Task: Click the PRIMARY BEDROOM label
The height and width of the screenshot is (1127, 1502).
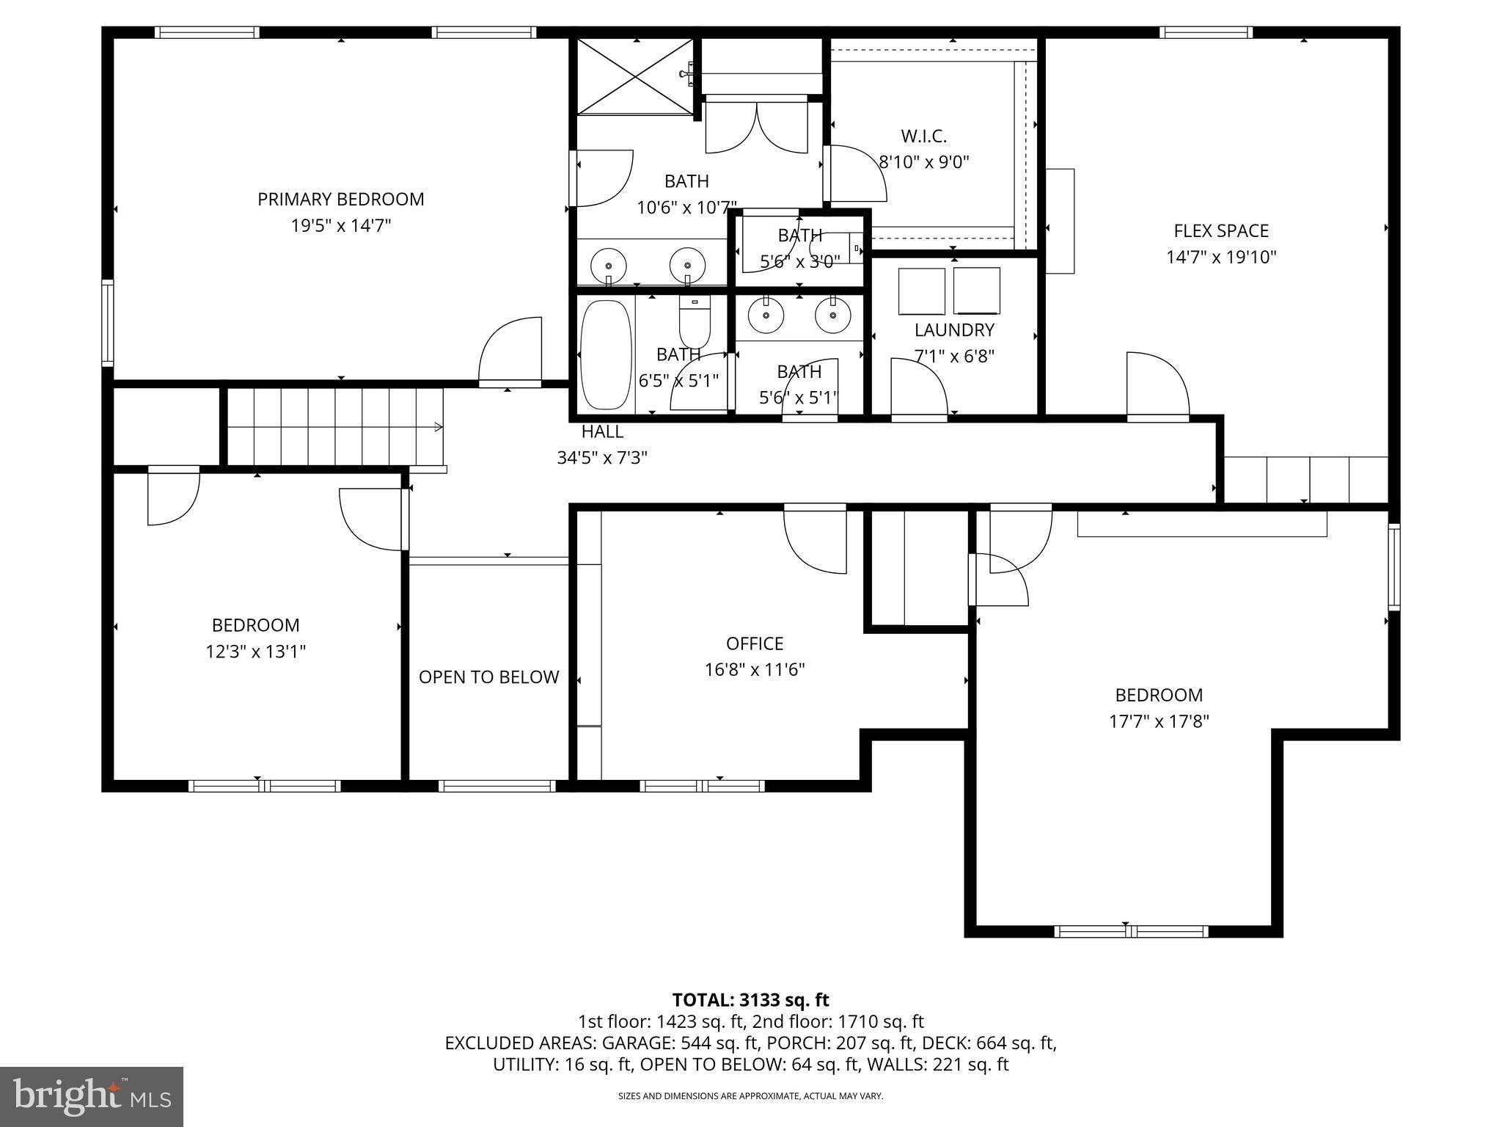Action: coord(340,199)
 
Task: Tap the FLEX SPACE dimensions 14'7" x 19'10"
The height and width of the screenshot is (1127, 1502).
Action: coord(1221,258)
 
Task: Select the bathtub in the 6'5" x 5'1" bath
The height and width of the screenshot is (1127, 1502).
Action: coord(606,354)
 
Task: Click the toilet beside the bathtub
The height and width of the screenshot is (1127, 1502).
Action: coord(695,323)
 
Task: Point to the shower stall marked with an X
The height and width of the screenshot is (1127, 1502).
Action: coord(635,76)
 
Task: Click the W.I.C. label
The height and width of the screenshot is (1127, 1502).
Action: coord(923,136)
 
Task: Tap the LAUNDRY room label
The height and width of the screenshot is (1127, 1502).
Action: coord(954,329)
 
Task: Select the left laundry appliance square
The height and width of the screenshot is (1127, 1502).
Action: coord(921,291)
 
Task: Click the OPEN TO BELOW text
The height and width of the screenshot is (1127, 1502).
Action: coord(488,677)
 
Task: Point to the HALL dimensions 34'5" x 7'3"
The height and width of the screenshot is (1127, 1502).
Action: coord(601,458)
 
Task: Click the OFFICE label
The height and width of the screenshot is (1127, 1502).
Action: coord(755,643)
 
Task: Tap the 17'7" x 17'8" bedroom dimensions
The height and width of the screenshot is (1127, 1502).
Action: coord(1159,721)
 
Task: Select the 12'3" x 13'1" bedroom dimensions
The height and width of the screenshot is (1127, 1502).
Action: coord(255,652)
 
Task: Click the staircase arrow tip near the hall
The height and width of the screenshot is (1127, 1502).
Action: coord(440,427)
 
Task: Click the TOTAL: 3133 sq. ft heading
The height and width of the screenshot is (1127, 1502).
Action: coord(750,1000)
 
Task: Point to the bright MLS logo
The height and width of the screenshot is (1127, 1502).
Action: coord(91,1097)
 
